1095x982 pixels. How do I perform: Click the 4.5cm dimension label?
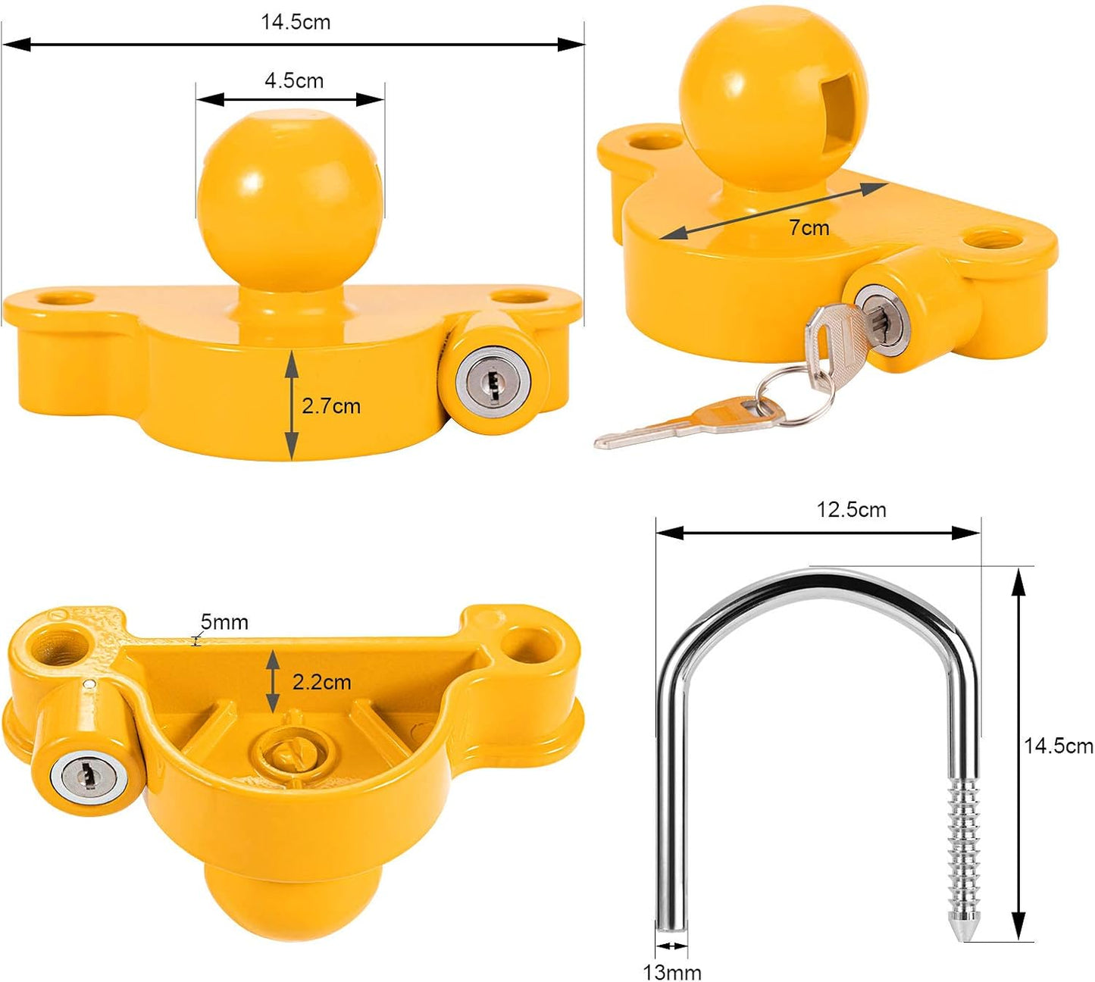pyautogui.click(x=294, y=80)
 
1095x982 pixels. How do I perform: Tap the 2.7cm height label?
pyautogui.click(x=330, y=406)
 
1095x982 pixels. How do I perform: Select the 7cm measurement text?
pyautogui.click(x=809, y=227)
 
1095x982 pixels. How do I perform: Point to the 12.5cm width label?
pyautogui.click(x=851, y=510)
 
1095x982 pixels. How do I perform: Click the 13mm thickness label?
pyautogui.click(x=672, y=972)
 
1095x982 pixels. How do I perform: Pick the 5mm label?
pyautogui.click(x=224, y=622)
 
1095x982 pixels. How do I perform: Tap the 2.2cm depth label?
pyautogui.click(x=321, y=682)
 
